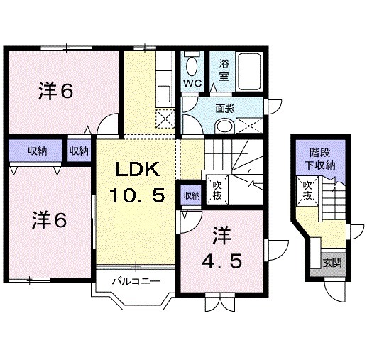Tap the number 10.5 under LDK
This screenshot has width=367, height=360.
pyautogui.click(x=139, y=194)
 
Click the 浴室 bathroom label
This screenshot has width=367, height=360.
pyautogui.click(x=224, y=69)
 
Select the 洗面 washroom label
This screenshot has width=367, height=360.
pyautogui.click(x=226, y=109)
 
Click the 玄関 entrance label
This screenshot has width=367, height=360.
pyautogui.click(x=331, y=262)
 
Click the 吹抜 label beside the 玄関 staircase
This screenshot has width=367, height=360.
pyautogui.click(x=308, y=191)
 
